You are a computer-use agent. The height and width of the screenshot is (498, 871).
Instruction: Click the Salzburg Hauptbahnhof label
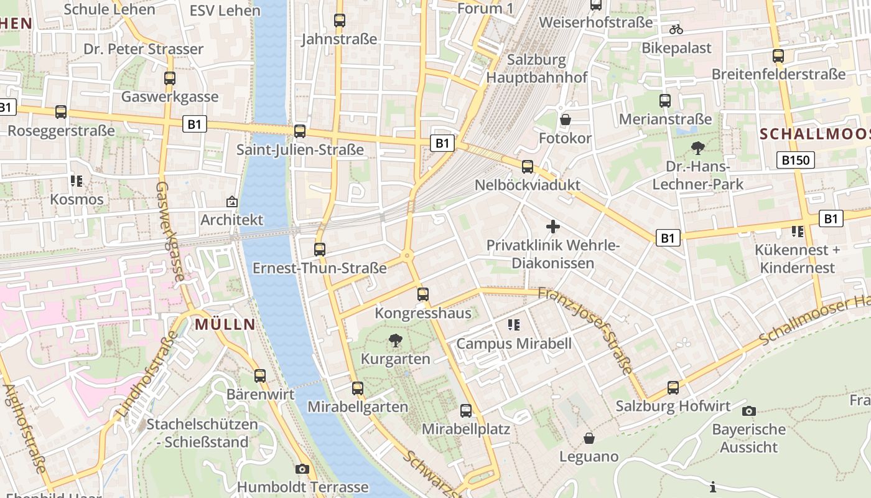click(x=537, y=68)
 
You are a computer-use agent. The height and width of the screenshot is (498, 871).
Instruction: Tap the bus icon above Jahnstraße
click(x=339, y=21)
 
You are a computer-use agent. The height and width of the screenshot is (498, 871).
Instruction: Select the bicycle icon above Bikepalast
click(x=676, y=29)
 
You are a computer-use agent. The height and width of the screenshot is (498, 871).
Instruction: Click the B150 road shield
click(x=796, y=161)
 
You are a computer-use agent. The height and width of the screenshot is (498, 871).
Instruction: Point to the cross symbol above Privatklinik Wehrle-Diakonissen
click(x=552, y=227)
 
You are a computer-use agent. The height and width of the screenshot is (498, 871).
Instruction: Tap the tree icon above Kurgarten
click(x=395, y=341)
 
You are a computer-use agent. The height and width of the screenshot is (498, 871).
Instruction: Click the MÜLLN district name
click(x=225, y=324)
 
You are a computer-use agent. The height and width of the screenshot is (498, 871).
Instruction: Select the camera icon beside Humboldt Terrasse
click(x=302, y=469)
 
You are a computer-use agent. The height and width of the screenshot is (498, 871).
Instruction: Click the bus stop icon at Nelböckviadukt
click(x=528, y=167)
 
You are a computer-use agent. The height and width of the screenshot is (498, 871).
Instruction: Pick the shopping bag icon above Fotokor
click(x=565, y=120)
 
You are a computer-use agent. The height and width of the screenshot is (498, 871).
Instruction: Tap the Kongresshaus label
click(x=423, y=313)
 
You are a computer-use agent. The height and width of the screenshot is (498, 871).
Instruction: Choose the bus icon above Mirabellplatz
click(x=466, y=411)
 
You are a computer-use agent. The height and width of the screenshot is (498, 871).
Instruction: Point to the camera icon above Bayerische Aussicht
click(x=749, y=411)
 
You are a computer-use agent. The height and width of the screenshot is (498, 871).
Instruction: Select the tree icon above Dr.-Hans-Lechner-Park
click(x=697, y=148)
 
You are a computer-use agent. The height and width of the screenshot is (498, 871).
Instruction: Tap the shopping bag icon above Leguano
click(x=589, y=438)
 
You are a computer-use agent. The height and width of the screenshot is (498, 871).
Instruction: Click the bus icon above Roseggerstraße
click(x=61, y=113)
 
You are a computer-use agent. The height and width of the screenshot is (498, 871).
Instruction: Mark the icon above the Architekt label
click(x=232, y=202)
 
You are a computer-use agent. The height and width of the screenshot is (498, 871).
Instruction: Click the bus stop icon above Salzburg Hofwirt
click(x=673, y=388)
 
